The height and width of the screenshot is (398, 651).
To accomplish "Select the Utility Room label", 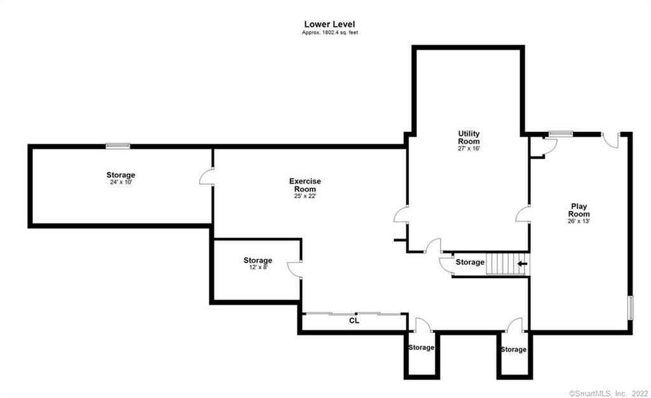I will [x=469, y=137].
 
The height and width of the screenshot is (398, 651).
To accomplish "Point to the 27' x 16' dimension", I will [x=469, y=149].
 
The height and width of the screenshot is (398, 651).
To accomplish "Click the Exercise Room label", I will [x=305, y=185].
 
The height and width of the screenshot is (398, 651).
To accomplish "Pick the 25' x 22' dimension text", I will [x=305, y=196].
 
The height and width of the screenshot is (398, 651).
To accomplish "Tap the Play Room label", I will [x=579, y=209].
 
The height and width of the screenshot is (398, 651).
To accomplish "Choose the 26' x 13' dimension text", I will [x=579, y=222].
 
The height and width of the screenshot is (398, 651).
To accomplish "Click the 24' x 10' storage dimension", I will [x=120, y=182].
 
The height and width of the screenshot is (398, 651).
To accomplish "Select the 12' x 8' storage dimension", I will [x=257, y=268].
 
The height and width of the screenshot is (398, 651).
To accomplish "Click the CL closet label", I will [x=354, y=321].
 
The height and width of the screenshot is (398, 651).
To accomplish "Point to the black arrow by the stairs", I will [x=522, y=263].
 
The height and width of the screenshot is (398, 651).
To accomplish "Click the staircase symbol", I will [x=499, y=263].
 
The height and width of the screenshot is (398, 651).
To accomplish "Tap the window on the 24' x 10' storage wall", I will [x=118, y=146].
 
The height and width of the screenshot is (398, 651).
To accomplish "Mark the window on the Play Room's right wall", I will [x=631, y=308].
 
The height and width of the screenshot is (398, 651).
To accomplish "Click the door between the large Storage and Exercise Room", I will [x=207, y=177].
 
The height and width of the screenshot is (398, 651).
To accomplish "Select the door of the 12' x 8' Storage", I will [x=295, y=269].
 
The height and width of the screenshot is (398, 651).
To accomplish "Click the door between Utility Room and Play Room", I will [x=524, y=215].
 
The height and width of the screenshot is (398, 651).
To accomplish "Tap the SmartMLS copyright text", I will [x=607, y=393].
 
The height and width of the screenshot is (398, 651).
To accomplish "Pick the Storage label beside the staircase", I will [x=470, y=262].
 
